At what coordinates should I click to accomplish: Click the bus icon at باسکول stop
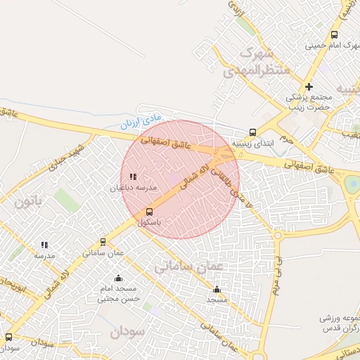point(149,212)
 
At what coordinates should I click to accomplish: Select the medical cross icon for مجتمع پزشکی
point(309,86)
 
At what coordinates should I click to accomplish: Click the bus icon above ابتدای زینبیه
point(252,131)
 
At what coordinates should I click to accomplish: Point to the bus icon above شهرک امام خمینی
point(334,34)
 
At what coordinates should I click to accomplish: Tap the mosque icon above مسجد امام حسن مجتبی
point(118,278)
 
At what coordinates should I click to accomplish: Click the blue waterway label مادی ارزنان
point(141,122)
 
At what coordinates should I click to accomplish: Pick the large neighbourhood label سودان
point(127,330)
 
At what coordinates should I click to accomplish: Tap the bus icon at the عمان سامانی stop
point(103,242)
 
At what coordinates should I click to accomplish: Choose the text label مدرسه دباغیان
point(127,188)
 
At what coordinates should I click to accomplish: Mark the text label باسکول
point(149,222)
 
